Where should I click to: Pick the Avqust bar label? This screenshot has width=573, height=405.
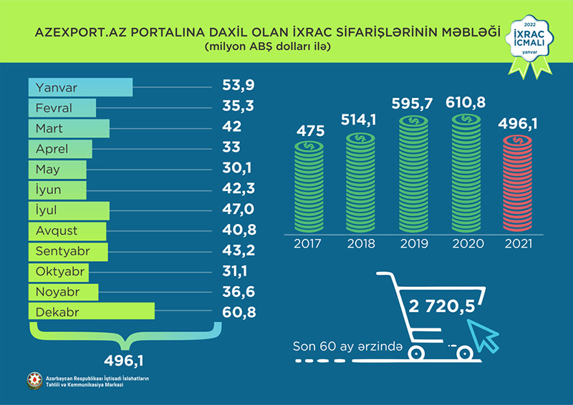[x=59, y=231]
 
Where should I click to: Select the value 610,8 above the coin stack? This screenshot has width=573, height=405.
[x=466, y=102]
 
